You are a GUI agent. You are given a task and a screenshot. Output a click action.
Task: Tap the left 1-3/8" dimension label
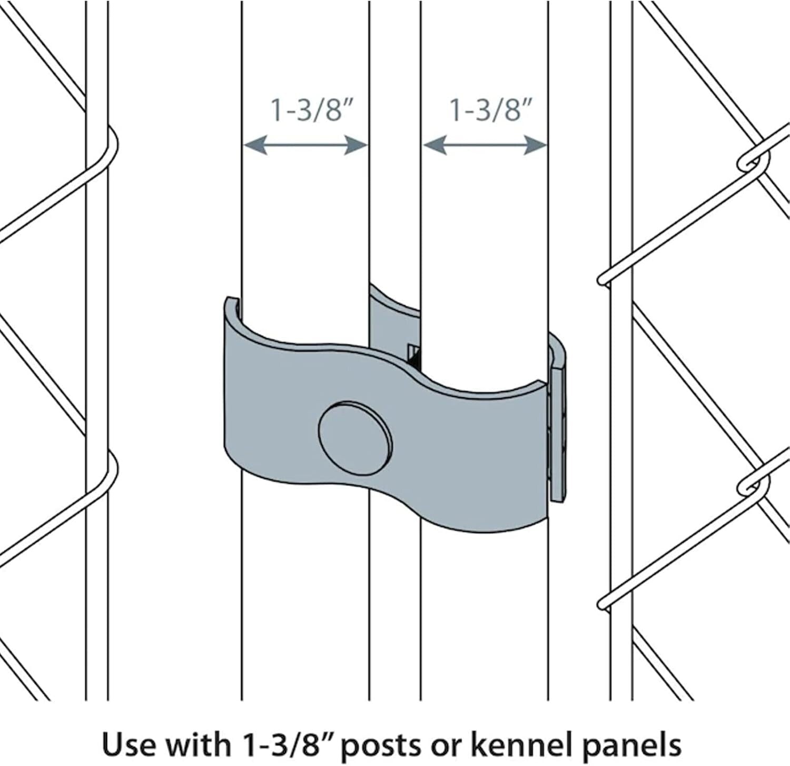pos(310,110)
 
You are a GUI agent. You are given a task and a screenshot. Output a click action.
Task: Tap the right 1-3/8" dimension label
pos(490,110)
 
